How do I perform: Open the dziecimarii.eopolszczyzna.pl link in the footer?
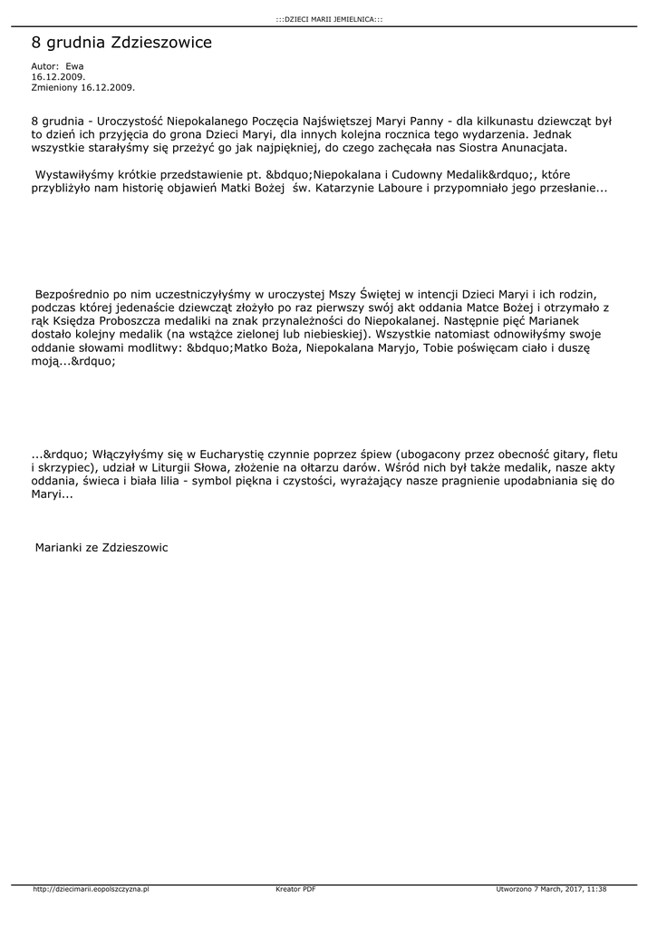point(91,889)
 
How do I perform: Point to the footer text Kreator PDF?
point(295,889)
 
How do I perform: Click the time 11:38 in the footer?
point(596,889)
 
